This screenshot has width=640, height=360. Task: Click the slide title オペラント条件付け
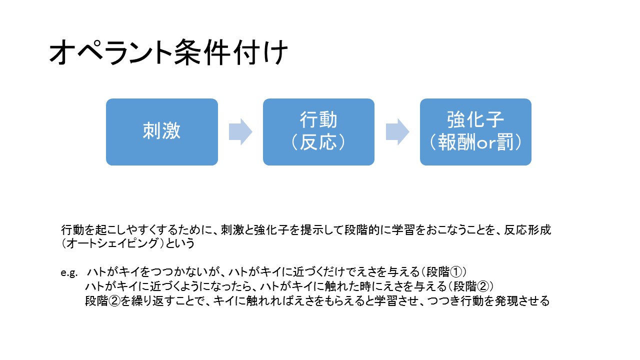tap(168, 52)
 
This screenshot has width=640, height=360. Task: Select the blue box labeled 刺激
tap(162, 132)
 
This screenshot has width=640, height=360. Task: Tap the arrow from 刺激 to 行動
tap(240, 132)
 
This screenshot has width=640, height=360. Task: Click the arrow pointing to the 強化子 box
tap(397, 132)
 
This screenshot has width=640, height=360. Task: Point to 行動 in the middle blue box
tap(318, 119)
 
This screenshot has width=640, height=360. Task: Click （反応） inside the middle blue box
tap(318, 142)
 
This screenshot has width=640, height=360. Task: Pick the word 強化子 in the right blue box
tap(475, 119)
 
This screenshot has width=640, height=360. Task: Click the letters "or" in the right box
tap(486, 143)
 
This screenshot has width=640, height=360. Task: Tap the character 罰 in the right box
tap(505, 142)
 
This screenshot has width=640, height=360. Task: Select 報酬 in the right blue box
tap(457, 142)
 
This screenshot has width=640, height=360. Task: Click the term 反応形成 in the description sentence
tap(527, 229)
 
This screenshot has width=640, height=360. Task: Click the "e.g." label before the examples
tap(69, 273)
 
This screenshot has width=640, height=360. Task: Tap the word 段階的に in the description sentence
tap(367, 229)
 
